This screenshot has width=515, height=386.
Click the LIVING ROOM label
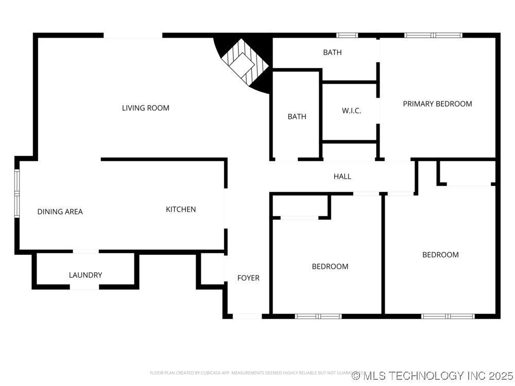(145, 108)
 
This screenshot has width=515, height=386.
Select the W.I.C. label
(351, 111)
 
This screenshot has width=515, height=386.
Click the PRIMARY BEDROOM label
(437, 104)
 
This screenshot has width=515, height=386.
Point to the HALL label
(342, 177)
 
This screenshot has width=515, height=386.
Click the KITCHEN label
(181, 209)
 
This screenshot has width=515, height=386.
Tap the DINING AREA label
(60, 212)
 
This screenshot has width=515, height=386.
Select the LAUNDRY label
(85, 275)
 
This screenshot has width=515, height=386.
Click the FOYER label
(248, 278)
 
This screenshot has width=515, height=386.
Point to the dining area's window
(16, 192)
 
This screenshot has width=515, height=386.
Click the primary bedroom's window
(433, 36)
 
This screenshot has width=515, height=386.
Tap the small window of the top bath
(347, 36)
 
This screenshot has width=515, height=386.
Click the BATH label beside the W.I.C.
(297, 117)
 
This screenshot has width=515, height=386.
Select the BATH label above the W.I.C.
(332, 52)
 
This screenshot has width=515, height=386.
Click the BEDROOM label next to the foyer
(330, 267)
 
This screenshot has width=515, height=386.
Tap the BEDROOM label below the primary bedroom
(440, 255)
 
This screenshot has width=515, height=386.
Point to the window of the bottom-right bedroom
(448, 316)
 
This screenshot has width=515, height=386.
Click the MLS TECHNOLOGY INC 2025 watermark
(433, 375)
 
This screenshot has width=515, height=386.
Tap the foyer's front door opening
(247, 316)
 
